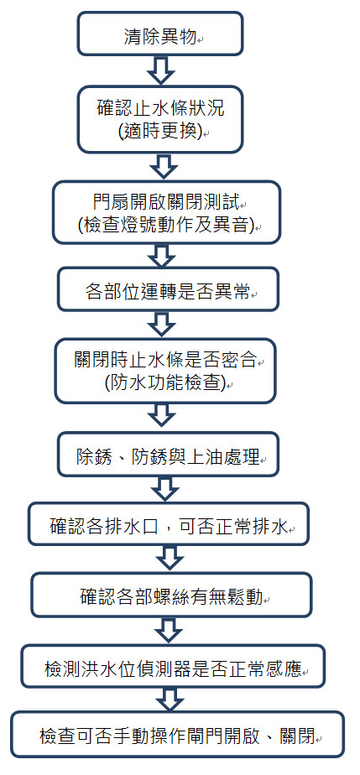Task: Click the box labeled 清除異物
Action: pos(160,34)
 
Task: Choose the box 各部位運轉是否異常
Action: pos(168,289)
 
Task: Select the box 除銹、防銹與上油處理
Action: pos(168,455)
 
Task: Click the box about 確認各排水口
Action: pos(168,524)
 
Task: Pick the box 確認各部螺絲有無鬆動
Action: pos(171,595)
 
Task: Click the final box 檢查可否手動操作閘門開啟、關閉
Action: pos(177,735)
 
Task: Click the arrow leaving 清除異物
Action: pos(161,70)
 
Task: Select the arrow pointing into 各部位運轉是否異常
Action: pos(162,256)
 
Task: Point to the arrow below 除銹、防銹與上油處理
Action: pos(165,489)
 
